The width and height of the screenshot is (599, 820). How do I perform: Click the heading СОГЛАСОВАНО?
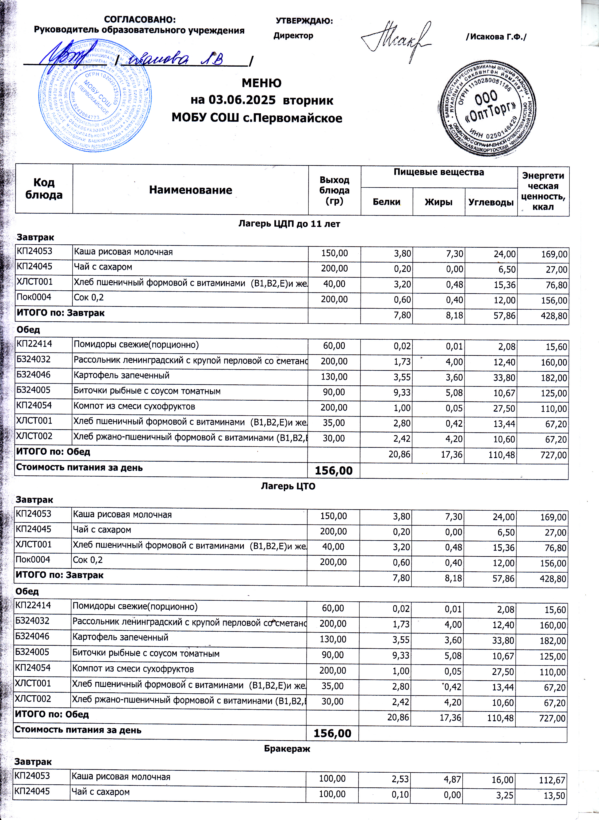pos(140,19)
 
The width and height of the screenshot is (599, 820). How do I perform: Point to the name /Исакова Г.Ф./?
pos(496,37)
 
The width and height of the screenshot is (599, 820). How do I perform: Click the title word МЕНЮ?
pos(261,83)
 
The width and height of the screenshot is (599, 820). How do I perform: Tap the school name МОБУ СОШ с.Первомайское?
pos(257,118)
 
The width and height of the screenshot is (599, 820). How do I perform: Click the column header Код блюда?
pos(44,188)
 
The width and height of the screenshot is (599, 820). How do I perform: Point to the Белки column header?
pos(387,202)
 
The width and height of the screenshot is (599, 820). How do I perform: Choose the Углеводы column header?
pos(491,202)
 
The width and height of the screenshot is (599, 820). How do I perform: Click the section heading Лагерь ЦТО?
pos(288,486)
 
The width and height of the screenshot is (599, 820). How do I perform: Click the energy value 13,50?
pos(555,796)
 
